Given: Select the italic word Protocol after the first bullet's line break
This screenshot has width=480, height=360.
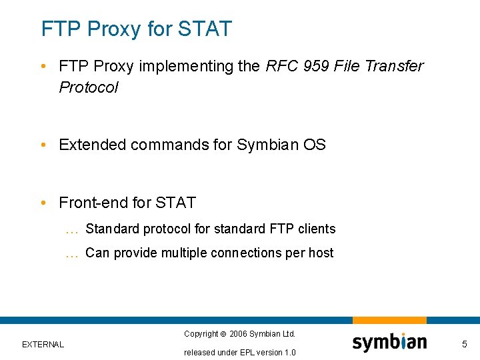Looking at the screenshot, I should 88,87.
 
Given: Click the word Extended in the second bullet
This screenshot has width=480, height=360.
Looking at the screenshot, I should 92,145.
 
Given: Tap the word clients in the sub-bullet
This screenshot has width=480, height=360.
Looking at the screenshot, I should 317,229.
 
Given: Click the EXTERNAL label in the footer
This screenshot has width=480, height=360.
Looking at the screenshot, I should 43,345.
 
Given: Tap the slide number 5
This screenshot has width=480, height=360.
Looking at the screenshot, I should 465,344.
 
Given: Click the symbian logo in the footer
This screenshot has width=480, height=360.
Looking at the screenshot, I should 389,343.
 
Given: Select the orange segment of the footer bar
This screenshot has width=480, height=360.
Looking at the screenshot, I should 389,321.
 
